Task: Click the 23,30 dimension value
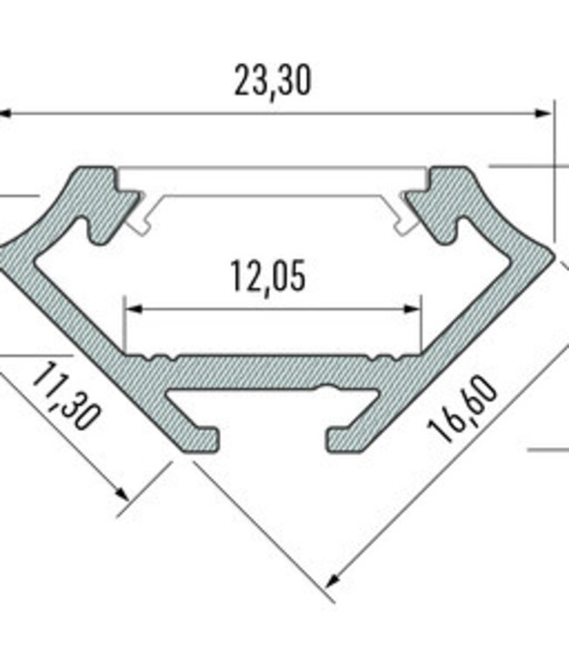point(272,80)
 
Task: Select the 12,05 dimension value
point(269,277)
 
